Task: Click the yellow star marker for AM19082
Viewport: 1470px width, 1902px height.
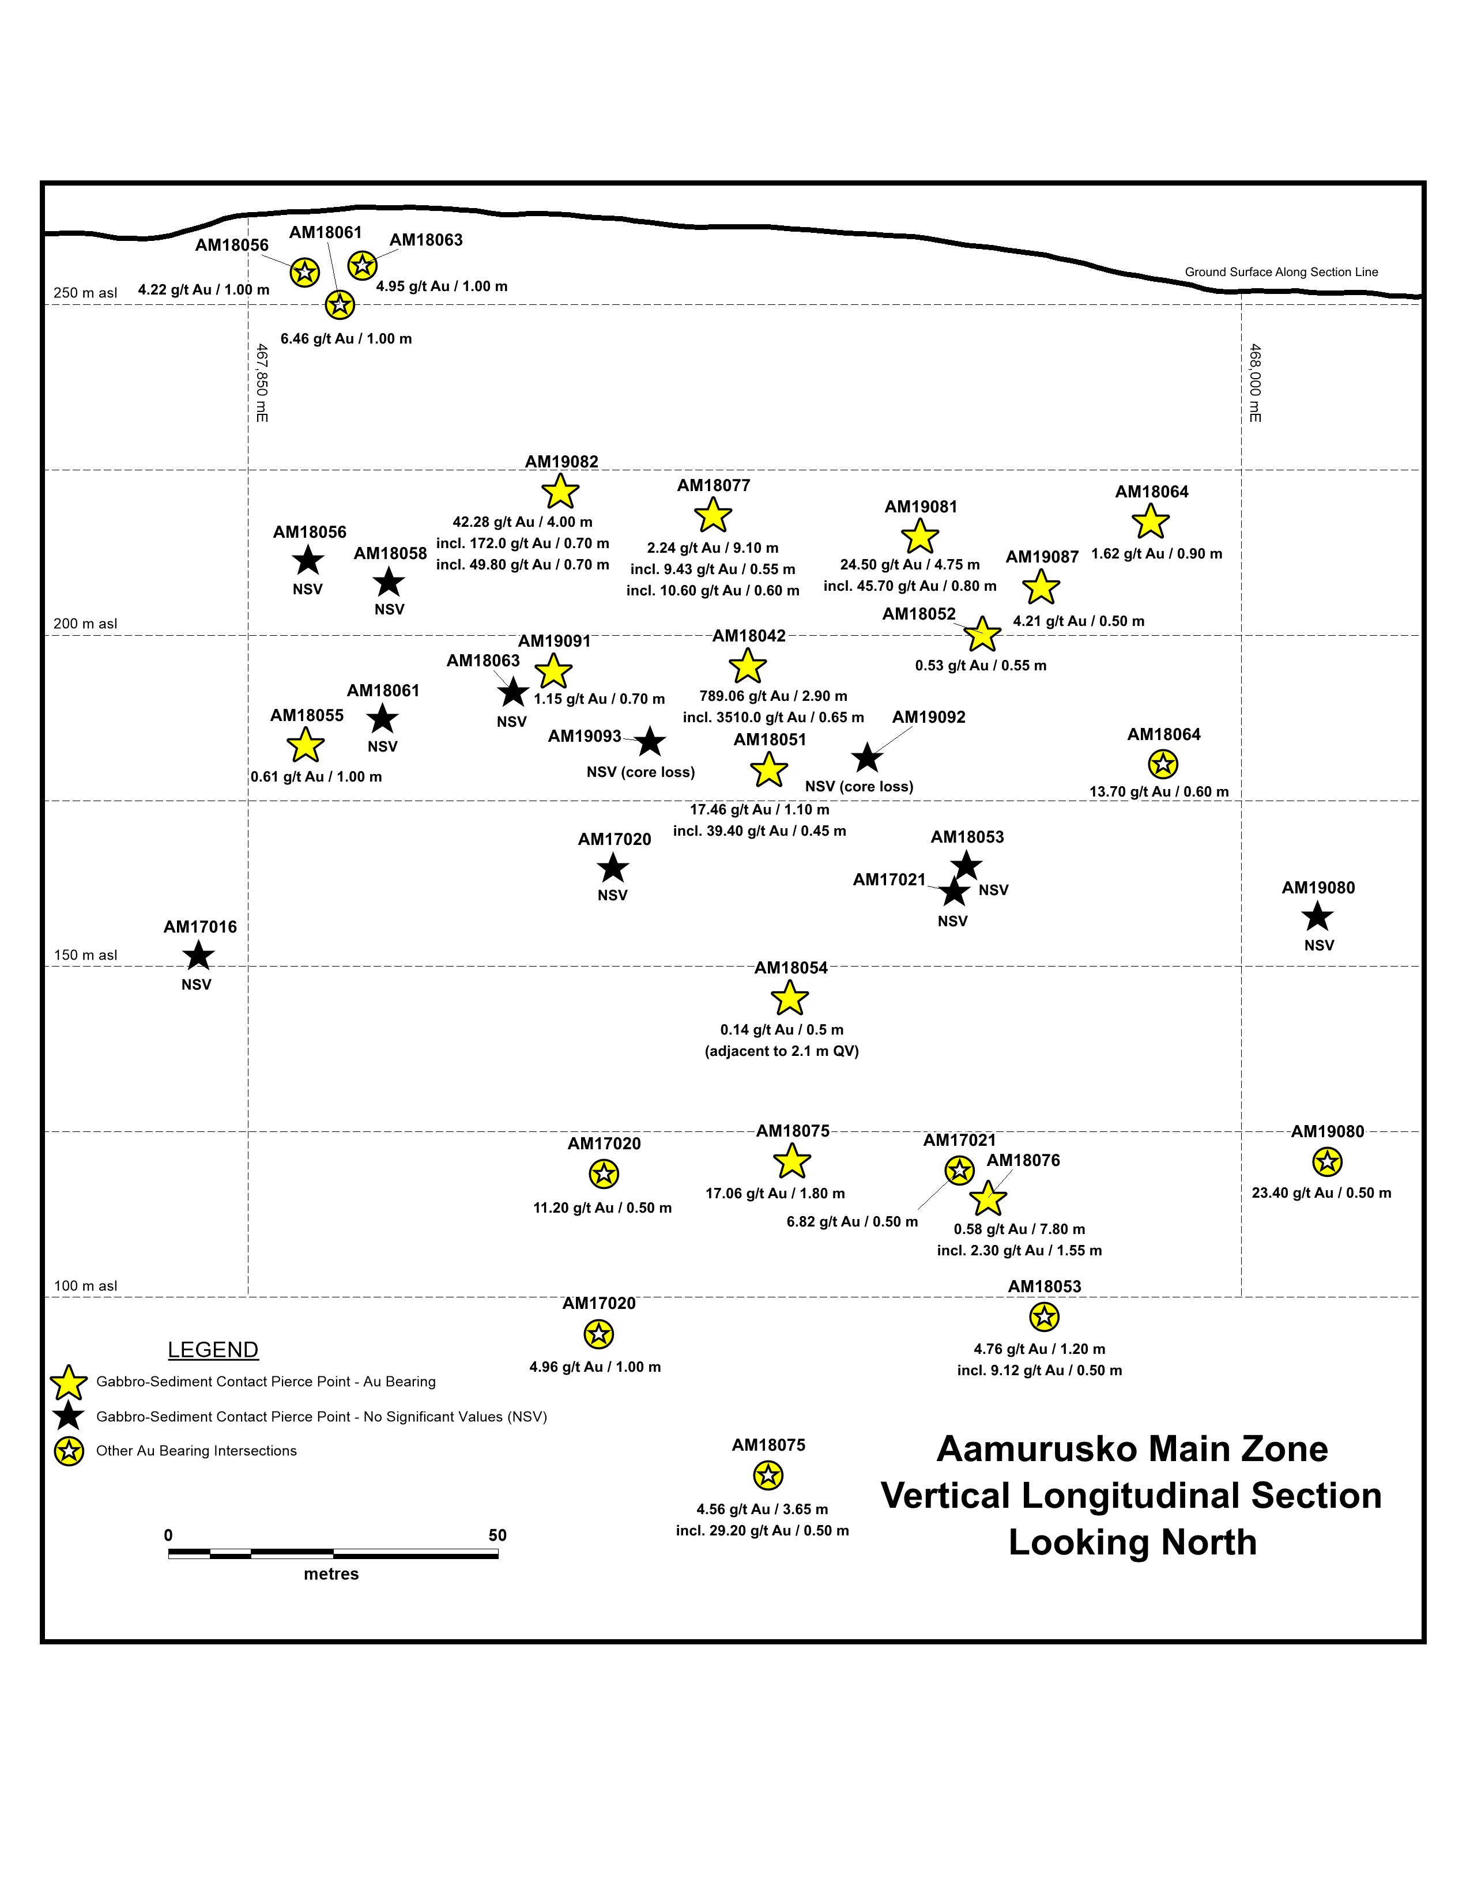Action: pyautogui.click(x=560, y=492)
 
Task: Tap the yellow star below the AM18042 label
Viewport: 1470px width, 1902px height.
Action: pyautogui.click(x=747, y=666)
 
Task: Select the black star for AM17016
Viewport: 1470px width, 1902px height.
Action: pyautogui.click(x=198, y=956)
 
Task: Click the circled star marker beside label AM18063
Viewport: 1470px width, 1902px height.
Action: pyautogui.click(x=362, y=266)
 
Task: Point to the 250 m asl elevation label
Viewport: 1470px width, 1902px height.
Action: pyautogui.click(x=85, y=293)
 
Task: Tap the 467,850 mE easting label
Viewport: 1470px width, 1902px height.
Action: pyautogui.click(x=261, y=383)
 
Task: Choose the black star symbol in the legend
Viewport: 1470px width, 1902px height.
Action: pyautogui.click(x=69, y=1416)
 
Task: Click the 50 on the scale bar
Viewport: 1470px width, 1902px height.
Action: pyautogui.click(x=497, y=1535)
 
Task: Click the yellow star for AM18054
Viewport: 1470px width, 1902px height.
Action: pyautogui.click(x=789, y=998)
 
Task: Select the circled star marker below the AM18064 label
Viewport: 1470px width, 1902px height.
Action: pyautogui.click(x=1163, y=765)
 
